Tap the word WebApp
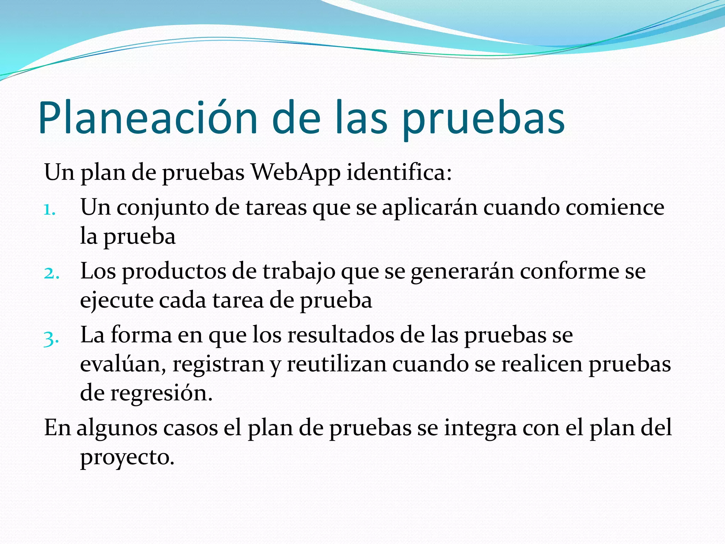point(295,172)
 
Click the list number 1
point(50,210)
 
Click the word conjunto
point(163,208)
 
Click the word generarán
point(462,272)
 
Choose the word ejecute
point(116,301)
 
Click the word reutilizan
point(336,364)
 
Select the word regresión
point(161,393)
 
